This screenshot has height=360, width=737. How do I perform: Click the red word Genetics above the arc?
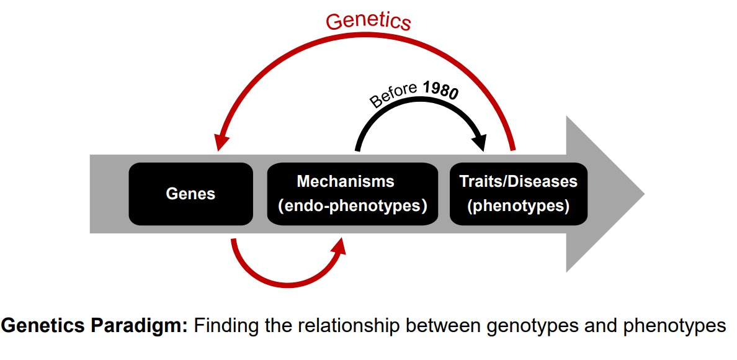pyautogui.click(x=368, y=21)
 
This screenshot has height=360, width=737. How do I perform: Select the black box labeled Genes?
pyautogui.click(x=190, y=194)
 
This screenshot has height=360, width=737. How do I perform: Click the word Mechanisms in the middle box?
pyautogui.click(x=346, y=181)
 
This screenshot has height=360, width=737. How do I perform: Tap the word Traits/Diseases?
pyautogui.click(x=518, y=181)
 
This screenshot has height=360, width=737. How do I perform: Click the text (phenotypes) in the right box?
pyautogui.click(x=518, y=205)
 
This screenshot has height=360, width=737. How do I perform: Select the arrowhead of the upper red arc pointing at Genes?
pyautogui.click(x=219, y=142)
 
